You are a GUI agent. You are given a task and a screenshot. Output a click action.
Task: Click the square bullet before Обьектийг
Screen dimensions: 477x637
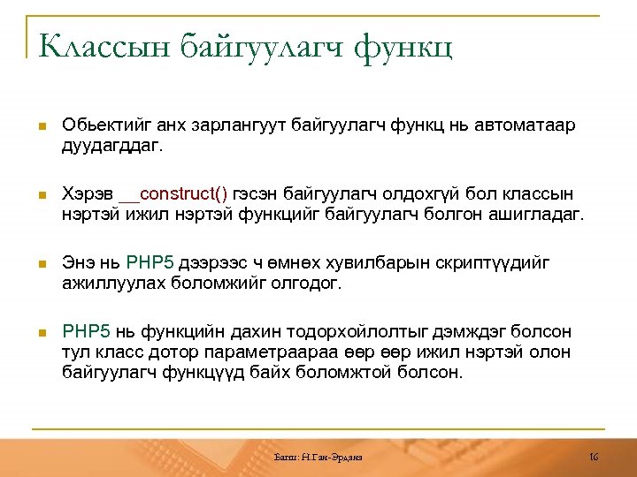point(40,127)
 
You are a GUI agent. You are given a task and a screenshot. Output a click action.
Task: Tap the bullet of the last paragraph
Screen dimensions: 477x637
point(40,333)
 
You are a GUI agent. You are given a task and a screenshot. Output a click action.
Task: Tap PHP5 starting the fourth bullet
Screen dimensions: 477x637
point(86,332)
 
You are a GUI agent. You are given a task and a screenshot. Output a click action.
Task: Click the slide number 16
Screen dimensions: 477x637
point(594,457)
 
